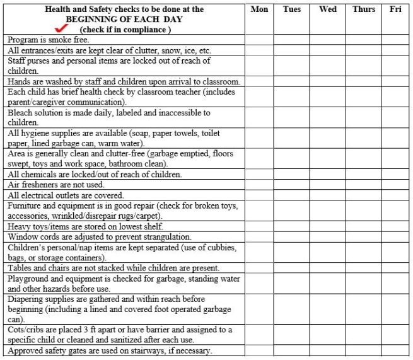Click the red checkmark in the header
[62, 28]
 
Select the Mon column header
[259, 9]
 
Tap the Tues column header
[292, 9]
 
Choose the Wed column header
[328, 9]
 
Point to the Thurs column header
[363, 9]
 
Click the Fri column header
[395, 9]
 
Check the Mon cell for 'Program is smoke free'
[259, 40]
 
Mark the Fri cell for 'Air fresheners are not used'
[395, 185]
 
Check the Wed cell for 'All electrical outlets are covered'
[328, 195]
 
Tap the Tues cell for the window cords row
[292, 236]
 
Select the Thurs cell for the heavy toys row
[363, 226]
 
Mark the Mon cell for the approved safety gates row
[259, 351]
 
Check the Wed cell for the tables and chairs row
[328, 268]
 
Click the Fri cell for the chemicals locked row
[395, 175]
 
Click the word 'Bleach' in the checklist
[20, 113]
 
